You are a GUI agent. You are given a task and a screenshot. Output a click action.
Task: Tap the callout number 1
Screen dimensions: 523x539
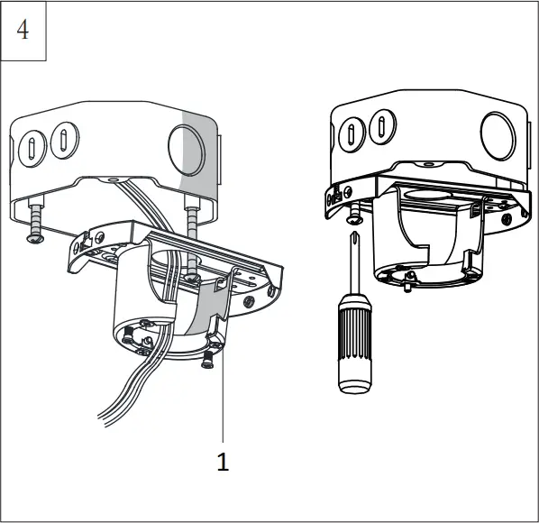pos(223,462)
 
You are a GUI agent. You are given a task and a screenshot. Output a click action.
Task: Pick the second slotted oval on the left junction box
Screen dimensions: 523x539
pos(62,141)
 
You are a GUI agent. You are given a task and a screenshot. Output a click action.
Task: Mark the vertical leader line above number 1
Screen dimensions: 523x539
pos(223,397)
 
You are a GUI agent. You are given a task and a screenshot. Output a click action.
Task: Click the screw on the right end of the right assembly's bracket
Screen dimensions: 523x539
pos(507,216)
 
